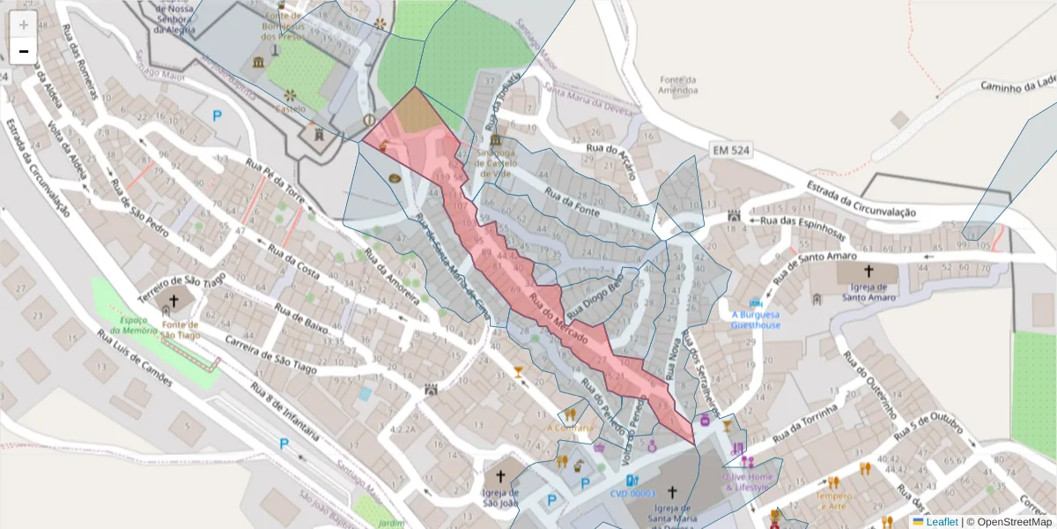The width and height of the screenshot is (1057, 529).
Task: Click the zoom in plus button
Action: click(x=24, y=25)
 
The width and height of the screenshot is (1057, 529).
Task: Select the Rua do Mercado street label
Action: click(x=558, y=318)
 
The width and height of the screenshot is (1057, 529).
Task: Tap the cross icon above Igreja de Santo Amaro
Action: click(x=869, y=272)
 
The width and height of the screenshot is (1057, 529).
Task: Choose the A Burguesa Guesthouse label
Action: click(x=756, y=319)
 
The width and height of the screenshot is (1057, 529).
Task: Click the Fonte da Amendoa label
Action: click(x=678, y=85)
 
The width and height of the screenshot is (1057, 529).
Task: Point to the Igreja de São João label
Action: click(x=499, y=498)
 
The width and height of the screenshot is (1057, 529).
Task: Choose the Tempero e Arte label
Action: click(x=833, y=500)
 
